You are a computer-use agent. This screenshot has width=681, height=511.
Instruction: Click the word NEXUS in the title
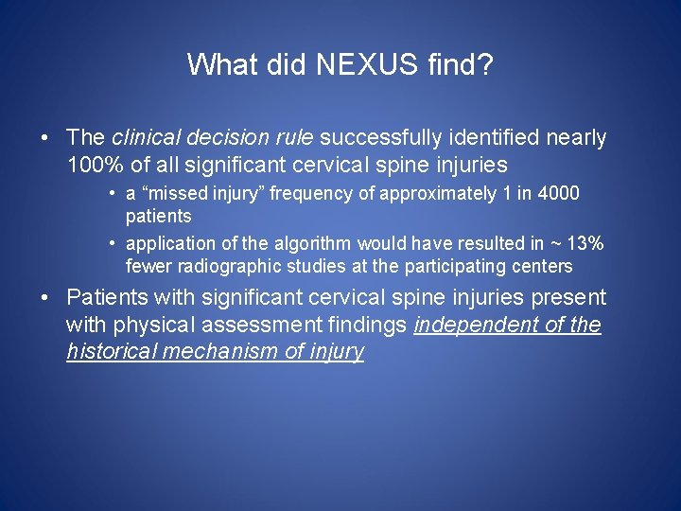coord(350,64)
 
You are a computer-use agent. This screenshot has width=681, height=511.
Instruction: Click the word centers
coord(540,267)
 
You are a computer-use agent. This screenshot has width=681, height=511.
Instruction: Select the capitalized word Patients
coord(107,298)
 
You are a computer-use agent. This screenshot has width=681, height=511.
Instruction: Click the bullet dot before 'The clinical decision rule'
coord(45,138)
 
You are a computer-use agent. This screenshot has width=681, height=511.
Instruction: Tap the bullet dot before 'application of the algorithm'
coord(112,244)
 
